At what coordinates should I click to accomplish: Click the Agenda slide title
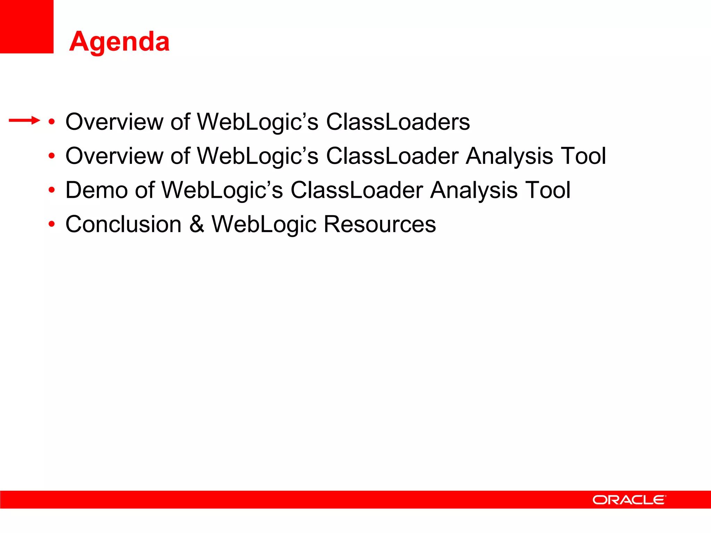click(119, 42)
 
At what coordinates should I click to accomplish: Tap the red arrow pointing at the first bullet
click(24, 120)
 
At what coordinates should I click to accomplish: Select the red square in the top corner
click(26, 26)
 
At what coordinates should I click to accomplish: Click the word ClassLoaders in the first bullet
click(398, 122)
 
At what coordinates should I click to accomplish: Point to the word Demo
click(97, 190)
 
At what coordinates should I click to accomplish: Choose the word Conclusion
click(124, 224)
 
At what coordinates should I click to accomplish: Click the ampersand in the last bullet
click(197, 224)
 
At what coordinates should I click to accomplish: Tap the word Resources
click(380, 224)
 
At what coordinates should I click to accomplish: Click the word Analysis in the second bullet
click(509, 156)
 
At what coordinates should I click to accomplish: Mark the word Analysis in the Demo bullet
click(474, 190)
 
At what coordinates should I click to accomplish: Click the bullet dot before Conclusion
click(52, 224)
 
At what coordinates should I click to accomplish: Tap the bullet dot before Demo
click(52, 190)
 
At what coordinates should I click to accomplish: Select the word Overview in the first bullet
click(114, 122)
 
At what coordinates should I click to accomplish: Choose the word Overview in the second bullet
click(114, 156)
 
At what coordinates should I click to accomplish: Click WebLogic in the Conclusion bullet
click(264, 224)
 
